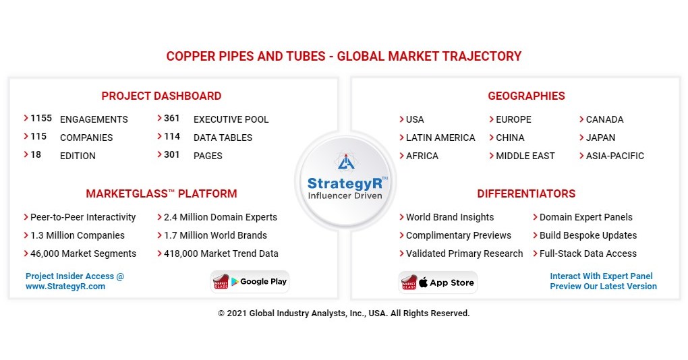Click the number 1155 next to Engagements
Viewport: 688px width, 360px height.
point(41,118)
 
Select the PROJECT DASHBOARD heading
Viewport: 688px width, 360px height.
point(161,96)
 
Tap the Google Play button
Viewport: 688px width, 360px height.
point(251,282)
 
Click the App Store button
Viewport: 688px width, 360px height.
point(438,282)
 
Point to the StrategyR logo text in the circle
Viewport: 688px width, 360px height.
point(345,183)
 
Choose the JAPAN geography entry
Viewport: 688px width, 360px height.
point(600,138)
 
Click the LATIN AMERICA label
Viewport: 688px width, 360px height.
point(440,138)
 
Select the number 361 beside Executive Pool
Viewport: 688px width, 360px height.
point(172,118)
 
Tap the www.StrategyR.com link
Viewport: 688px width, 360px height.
point(65,287)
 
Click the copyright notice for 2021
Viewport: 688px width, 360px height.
point(343,313)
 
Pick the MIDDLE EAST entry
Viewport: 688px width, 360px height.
point(525,156)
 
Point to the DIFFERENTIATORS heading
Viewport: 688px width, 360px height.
point(526,193)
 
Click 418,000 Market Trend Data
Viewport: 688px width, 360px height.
point(221,253)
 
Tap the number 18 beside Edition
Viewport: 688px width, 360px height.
point(36,154)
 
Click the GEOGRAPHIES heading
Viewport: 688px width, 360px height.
point(526,96)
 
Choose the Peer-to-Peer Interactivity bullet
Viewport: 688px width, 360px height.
point(83,217)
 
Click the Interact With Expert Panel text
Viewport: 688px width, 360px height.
point(601,276)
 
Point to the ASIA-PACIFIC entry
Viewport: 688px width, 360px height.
point(614,156)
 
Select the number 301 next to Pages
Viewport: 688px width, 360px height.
point(172,154)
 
